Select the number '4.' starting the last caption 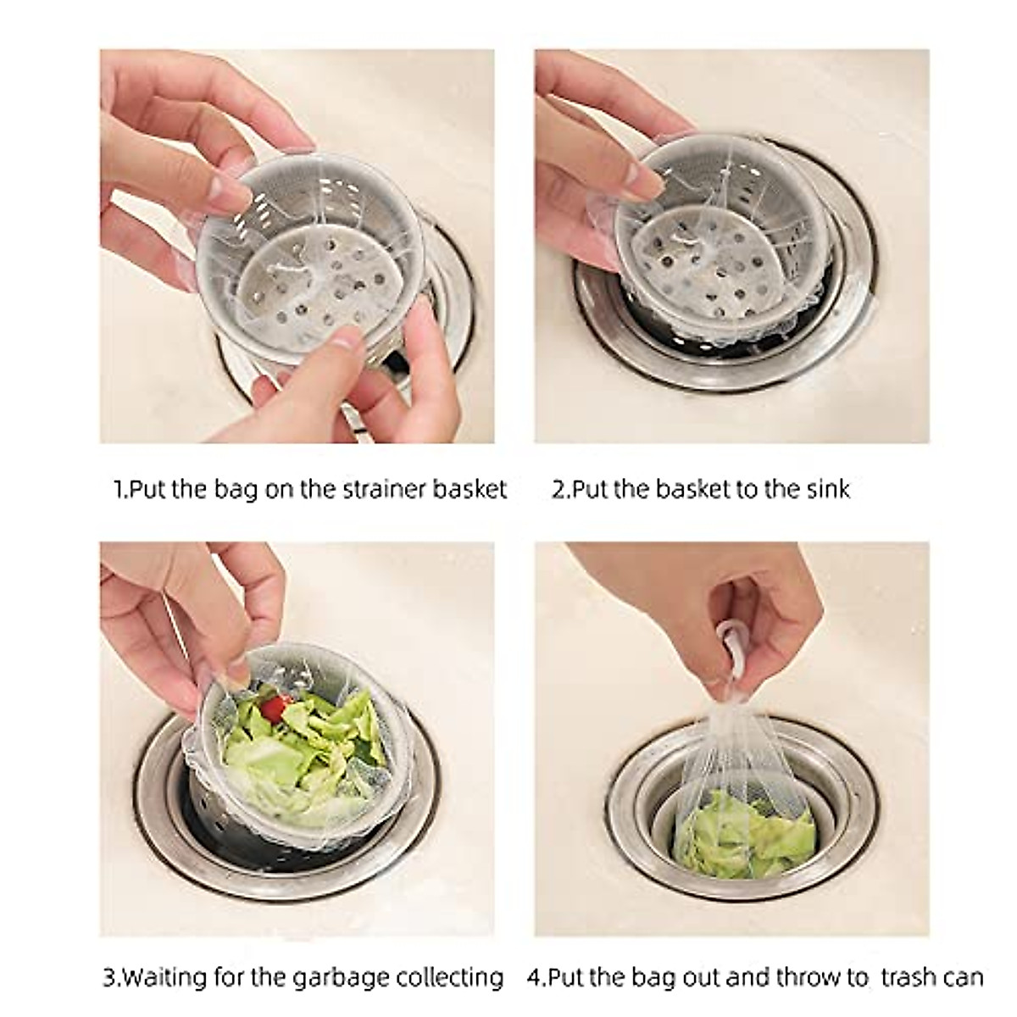click(x=536, y=977)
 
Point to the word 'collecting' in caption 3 click(x=445, y=977)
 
